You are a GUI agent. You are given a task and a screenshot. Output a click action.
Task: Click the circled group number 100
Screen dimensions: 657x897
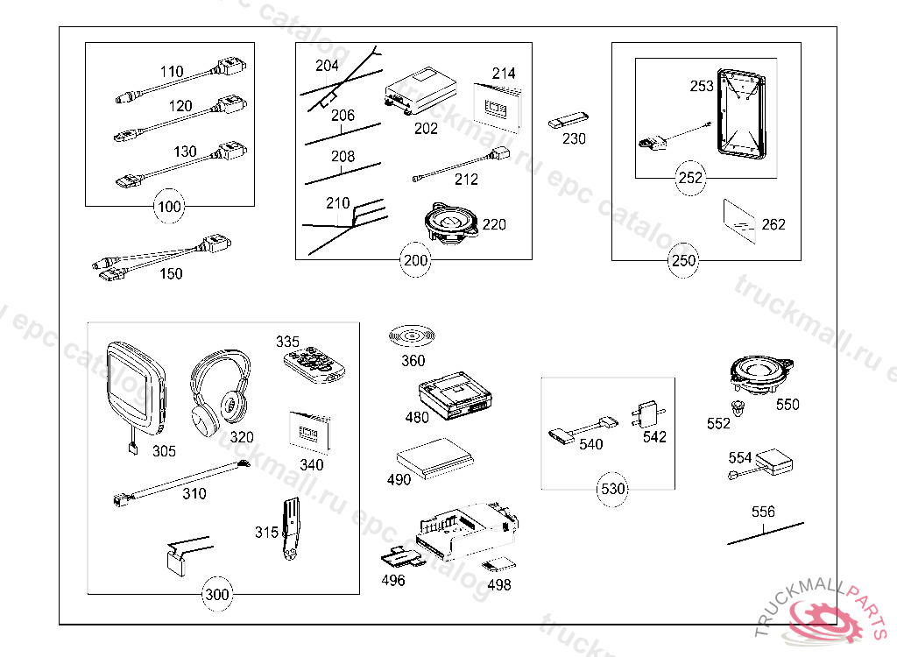pyautogui.click(x=169, y=208)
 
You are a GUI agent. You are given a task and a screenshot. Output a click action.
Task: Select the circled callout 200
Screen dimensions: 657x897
pyautogui.click(x=415, y=260)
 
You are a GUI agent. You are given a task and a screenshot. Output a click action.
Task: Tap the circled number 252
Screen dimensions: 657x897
pyautogui.click(x=690, y=178)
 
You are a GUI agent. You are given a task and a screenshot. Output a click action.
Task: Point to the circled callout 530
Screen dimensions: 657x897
pyautogui.click(x=612, y=488)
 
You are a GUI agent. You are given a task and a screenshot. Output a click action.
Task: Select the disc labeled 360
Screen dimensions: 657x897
pyautogui.click(x=412, y=336)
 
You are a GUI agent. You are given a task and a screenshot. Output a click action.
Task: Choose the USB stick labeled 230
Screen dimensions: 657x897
pyautogui.click(x=569, y=120)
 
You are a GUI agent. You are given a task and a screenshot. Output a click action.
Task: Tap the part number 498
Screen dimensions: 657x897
pyautogui.click(x=499, y=584)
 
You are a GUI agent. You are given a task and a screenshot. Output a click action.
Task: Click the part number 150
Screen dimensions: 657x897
pyautogui.click(x=171, y=273)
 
